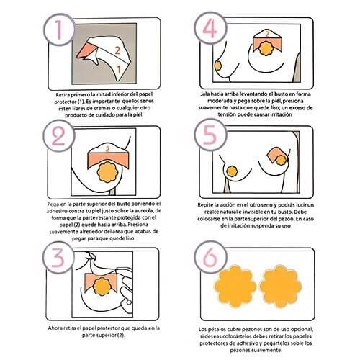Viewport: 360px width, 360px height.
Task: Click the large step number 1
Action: click(59, 30)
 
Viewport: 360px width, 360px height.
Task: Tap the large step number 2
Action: click(58, 136)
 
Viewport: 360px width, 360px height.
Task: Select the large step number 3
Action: click(58, 258)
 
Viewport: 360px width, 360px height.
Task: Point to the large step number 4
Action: click(210, 29)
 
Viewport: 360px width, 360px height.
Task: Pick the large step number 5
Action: click(210, 135)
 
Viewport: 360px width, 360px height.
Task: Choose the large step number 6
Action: click(210, 257)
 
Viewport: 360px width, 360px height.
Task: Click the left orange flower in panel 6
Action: click(235, 287)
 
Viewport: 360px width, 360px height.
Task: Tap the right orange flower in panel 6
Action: click(281, 287)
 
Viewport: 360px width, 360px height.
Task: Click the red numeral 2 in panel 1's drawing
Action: click(117, 50)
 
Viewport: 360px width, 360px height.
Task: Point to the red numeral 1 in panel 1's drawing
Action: click(119, 69)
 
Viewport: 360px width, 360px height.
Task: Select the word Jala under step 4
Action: click(205, 94)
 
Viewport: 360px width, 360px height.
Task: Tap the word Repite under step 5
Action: click(204, 205)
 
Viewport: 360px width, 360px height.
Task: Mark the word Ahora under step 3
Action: click(55, 328)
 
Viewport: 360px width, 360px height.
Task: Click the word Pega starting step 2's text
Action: click(53, 204)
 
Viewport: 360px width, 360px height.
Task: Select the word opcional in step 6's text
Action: click(303, 330)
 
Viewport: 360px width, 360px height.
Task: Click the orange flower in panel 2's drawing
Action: click(107, 172)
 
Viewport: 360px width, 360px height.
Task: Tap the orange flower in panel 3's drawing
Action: click(102, 287)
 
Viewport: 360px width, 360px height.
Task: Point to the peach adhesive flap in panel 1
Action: click(86, 51)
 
